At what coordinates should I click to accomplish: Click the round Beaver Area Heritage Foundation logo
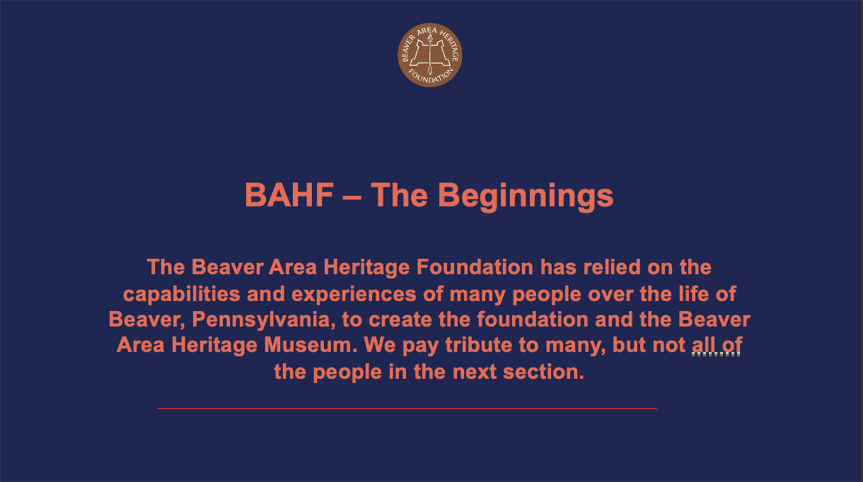pyautogui.click(x=430, y=55)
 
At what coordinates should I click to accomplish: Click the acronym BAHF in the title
pyautogui.click(x=289, y=195)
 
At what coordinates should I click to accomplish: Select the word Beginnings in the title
pyautogui.click(x=525, y=196)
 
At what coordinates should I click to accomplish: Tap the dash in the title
pyautogui.click(x=352, y=196)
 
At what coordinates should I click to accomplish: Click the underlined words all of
pyautogui.click(x=716, y=345)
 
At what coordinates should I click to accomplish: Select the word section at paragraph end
pyautogui.click(x=543, y=372)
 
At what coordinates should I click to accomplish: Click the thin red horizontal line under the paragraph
pyautogui.click(x=407, y=408)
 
